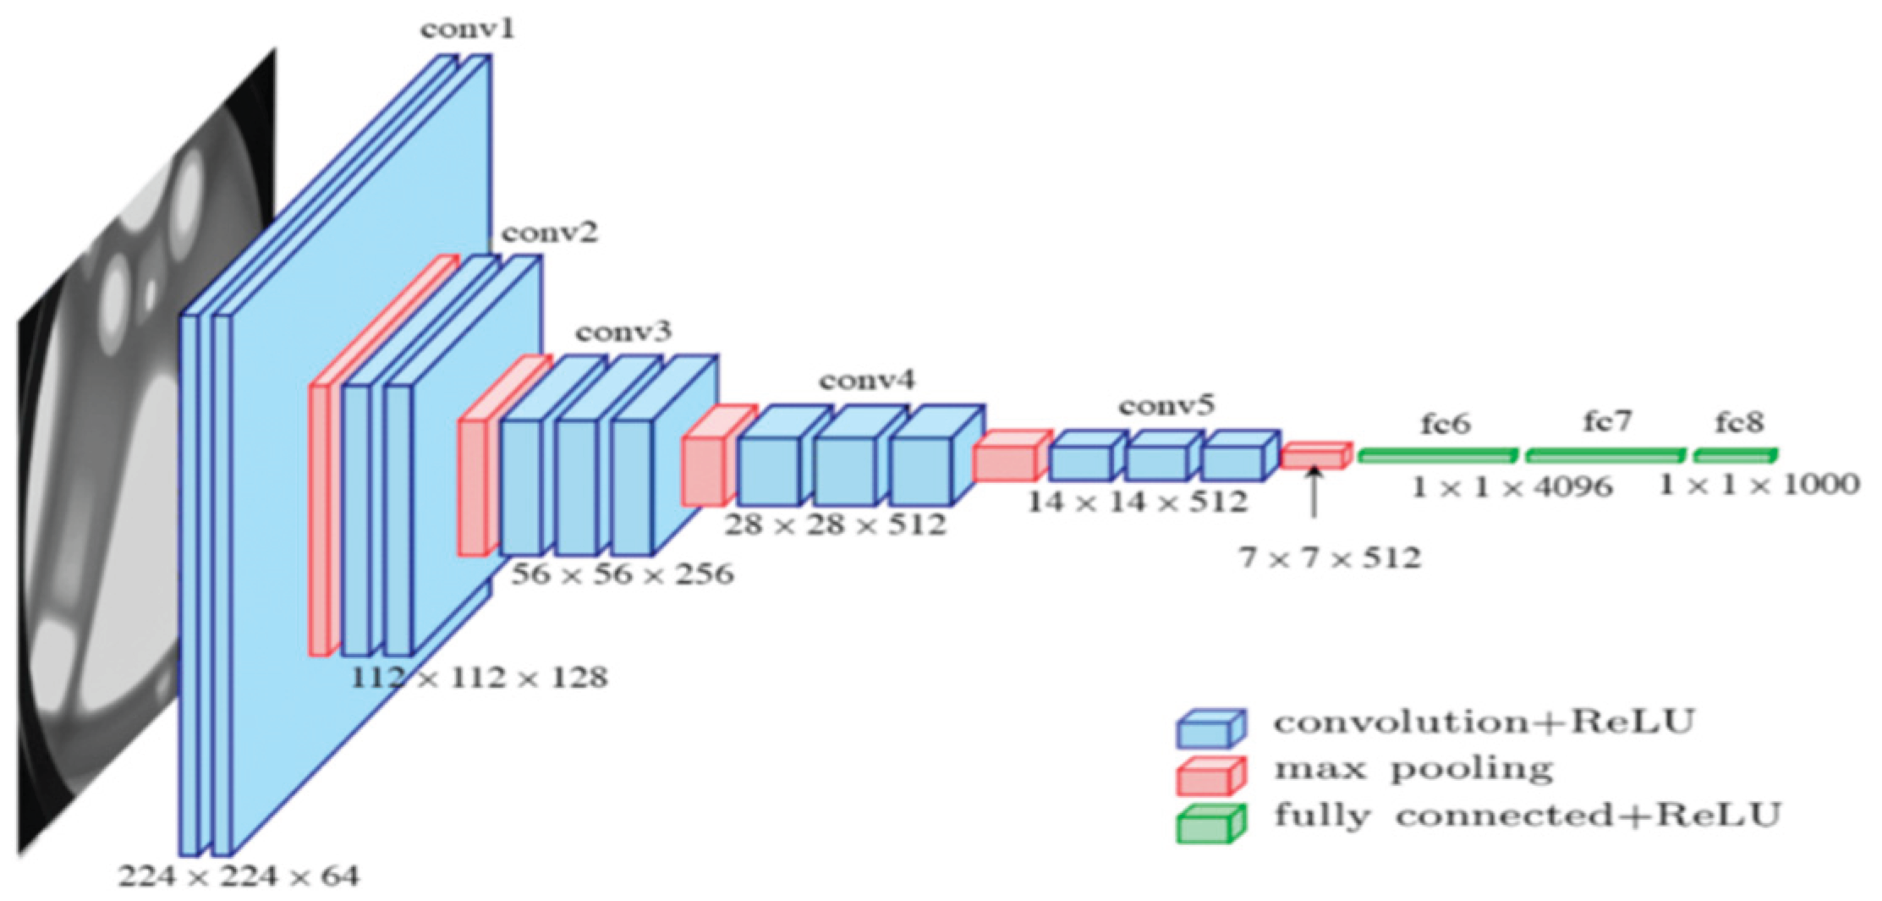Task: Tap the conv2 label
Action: pos(550,232)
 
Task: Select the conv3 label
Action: pos(624,331)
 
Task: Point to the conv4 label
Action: pos(866,381)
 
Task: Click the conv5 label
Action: pos(1166,406)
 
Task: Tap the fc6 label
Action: pos(1445,423)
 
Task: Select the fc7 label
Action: pos(1608,420)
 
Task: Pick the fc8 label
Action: pos(1739,422)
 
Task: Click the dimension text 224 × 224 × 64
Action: pos(239,876)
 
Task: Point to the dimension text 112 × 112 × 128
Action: pos(479,678)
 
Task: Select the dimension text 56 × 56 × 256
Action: pos(623,574)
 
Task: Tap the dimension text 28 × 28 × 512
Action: pos(835,525)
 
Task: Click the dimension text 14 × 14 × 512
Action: pos(1137,502)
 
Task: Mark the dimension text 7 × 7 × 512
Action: pos(1330,558)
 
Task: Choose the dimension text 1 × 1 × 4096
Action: pos(1512,486)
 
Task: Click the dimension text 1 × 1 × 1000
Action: pos(1759,485)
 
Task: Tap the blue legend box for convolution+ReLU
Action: pos(1210,728)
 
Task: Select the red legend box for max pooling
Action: pos(1210,776)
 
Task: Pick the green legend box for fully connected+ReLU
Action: pos(1210,824)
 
